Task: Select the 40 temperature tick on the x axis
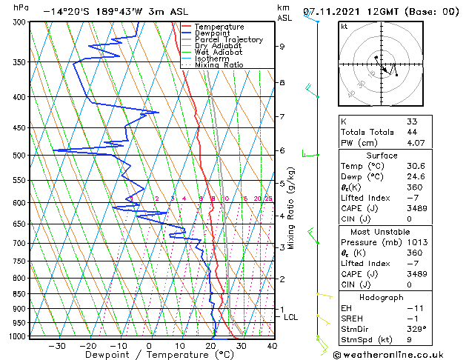click(x=272, y=345)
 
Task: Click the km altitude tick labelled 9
click(x=282, y=47)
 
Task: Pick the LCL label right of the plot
click(x=291, y=317)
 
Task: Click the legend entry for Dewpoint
click(x=213, y=33)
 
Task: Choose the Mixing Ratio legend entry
click(x=219, y=65)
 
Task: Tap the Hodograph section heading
click(x=382, y=297)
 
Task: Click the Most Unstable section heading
click(x=382, y=232)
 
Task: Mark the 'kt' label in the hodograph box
click(x=344, y=26)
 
